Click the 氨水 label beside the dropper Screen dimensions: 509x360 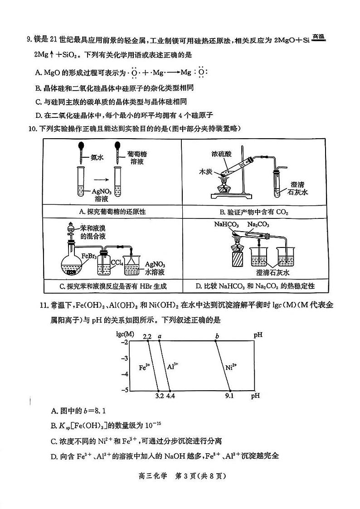click(x=97, y=158)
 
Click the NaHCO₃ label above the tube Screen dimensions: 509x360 click(x=227, y=224)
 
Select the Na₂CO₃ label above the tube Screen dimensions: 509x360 click(x=258, y=224)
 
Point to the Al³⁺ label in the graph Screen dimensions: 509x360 click(x=173, y=366)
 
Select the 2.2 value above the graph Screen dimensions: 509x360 click(x=146, y=336)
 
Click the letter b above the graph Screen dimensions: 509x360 click(x=217, y=336)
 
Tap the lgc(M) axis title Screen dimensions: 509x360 click(x=125, y=334)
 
